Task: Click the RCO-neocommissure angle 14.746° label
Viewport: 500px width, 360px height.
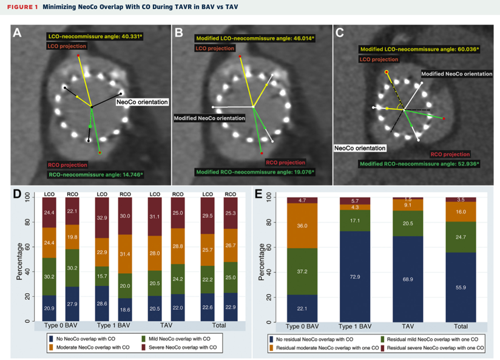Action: tap(95, 174)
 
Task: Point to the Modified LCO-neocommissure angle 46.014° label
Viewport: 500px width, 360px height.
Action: tap(255, 38)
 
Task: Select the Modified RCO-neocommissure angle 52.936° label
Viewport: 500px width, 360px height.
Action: tap(419, 163)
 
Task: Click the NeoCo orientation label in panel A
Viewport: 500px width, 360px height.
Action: tap(142, 102)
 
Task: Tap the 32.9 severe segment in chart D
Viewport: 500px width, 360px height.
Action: tap(102, 217)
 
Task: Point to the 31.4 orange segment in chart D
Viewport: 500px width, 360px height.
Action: tap(125, 254)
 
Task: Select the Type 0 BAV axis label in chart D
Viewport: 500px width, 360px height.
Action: tap(60, 326)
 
